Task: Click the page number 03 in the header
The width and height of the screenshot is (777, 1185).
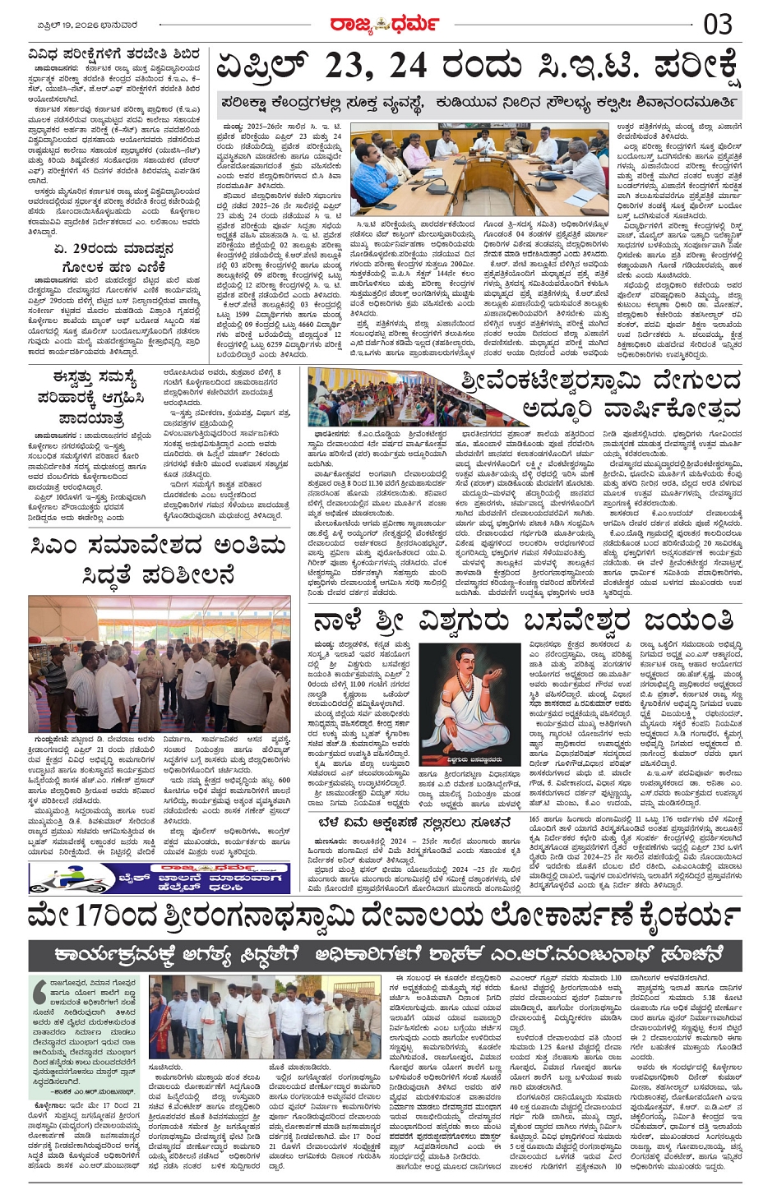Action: pyautogui.click(x=717, y=24)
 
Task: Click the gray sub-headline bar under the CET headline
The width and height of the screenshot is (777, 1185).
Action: pyautogui.click(x=479, y=104)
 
